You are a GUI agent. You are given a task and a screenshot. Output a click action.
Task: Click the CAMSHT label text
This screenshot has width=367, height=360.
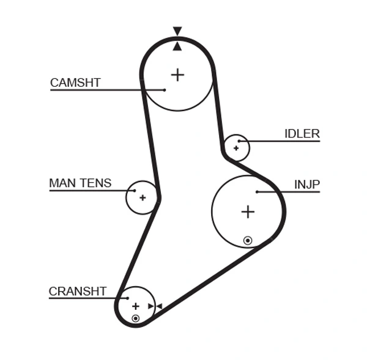tap(75, 83)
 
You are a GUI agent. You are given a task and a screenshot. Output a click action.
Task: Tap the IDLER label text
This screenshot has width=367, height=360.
tap(302, 134)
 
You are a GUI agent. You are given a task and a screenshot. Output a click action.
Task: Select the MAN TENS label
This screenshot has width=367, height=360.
tap(80, 183)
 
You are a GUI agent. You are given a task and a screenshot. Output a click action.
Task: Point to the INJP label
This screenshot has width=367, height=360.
tap(307, 185)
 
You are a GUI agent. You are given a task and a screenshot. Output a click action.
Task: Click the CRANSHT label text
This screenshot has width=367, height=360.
tap(78, 292)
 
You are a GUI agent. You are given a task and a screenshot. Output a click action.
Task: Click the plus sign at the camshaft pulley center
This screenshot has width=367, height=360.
tap(177, 75)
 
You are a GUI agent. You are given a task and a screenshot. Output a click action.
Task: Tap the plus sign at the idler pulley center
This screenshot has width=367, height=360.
tap(236, 147)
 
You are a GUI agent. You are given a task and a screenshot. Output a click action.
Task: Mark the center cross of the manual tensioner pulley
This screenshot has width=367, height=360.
tap(143, 197)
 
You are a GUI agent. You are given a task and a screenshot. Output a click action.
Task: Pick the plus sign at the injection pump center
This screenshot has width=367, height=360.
tap(247, 211)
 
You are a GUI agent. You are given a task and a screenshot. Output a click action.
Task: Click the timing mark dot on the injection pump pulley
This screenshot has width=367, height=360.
tap(247, 240)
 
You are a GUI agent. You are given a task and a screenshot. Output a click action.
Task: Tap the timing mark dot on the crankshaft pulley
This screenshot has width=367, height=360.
tap(136, 318)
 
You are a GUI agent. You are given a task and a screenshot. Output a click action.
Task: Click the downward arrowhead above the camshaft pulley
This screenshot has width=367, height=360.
tap(177, 31)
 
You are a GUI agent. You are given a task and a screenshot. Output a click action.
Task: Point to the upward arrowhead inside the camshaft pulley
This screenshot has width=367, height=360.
tap(177, 46)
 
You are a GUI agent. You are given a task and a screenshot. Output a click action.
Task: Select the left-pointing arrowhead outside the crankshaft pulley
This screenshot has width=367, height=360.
tap(158, 306)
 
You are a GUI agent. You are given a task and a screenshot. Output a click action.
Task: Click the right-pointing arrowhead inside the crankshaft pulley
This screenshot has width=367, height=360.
tap(150, 306)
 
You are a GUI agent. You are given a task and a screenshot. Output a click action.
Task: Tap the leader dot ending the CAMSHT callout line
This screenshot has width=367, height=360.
tap(165, 90)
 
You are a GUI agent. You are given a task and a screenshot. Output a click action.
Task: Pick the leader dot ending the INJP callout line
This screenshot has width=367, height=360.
tap(258, 192)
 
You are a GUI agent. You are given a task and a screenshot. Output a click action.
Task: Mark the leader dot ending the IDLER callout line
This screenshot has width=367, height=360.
tap(240, 141)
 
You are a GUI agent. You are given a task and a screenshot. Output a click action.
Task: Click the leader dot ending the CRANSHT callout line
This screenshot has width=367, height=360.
tap(127, 298)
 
